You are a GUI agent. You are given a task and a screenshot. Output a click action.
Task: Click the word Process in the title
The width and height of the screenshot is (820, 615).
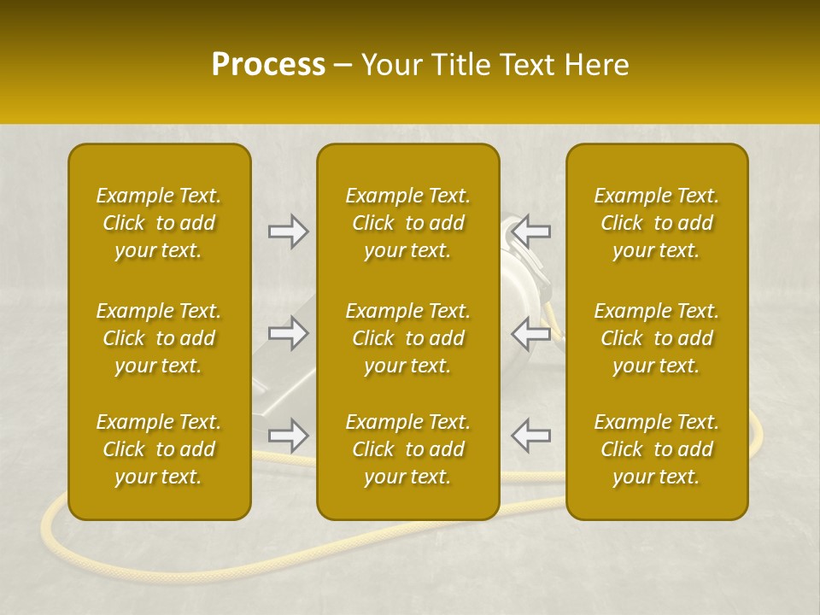point(268,65)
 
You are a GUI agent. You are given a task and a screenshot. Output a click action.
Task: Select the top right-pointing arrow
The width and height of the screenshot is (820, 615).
point(288,231)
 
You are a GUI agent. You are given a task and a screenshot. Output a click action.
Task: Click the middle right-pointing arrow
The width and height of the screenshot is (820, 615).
point(288,333)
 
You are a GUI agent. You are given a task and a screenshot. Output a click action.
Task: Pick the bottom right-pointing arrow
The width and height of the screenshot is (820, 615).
point(288,436)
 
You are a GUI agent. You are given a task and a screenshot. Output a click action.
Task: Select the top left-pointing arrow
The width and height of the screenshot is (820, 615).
point(532,231)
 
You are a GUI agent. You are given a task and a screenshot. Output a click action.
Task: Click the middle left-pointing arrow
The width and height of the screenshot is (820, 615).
point(532,333)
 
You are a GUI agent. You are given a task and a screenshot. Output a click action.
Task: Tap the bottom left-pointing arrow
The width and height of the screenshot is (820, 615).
point(532,436)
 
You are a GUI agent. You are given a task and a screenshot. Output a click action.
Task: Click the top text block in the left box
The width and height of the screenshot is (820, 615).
point(159,223)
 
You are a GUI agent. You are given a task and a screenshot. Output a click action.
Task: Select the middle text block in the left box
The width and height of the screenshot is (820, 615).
point(159,338)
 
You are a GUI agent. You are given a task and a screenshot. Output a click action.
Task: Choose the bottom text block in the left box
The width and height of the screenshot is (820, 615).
point(159,449)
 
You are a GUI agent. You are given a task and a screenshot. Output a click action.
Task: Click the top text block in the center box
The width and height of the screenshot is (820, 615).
point(408,223)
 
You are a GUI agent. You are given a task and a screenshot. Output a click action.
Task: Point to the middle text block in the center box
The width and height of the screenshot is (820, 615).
point(408,338)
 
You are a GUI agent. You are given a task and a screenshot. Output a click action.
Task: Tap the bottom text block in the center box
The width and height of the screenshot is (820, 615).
point(408,449)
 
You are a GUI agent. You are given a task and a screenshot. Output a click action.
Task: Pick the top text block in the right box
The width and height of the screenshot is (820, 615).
point(657,223)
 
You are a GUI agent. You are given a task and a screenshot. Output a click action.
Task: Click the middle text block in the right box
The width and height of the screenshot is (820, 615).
point(657,338)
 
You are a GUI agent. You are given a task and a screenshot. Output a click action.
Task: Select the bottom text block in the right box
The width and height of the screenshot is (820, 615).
point(657,449)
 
